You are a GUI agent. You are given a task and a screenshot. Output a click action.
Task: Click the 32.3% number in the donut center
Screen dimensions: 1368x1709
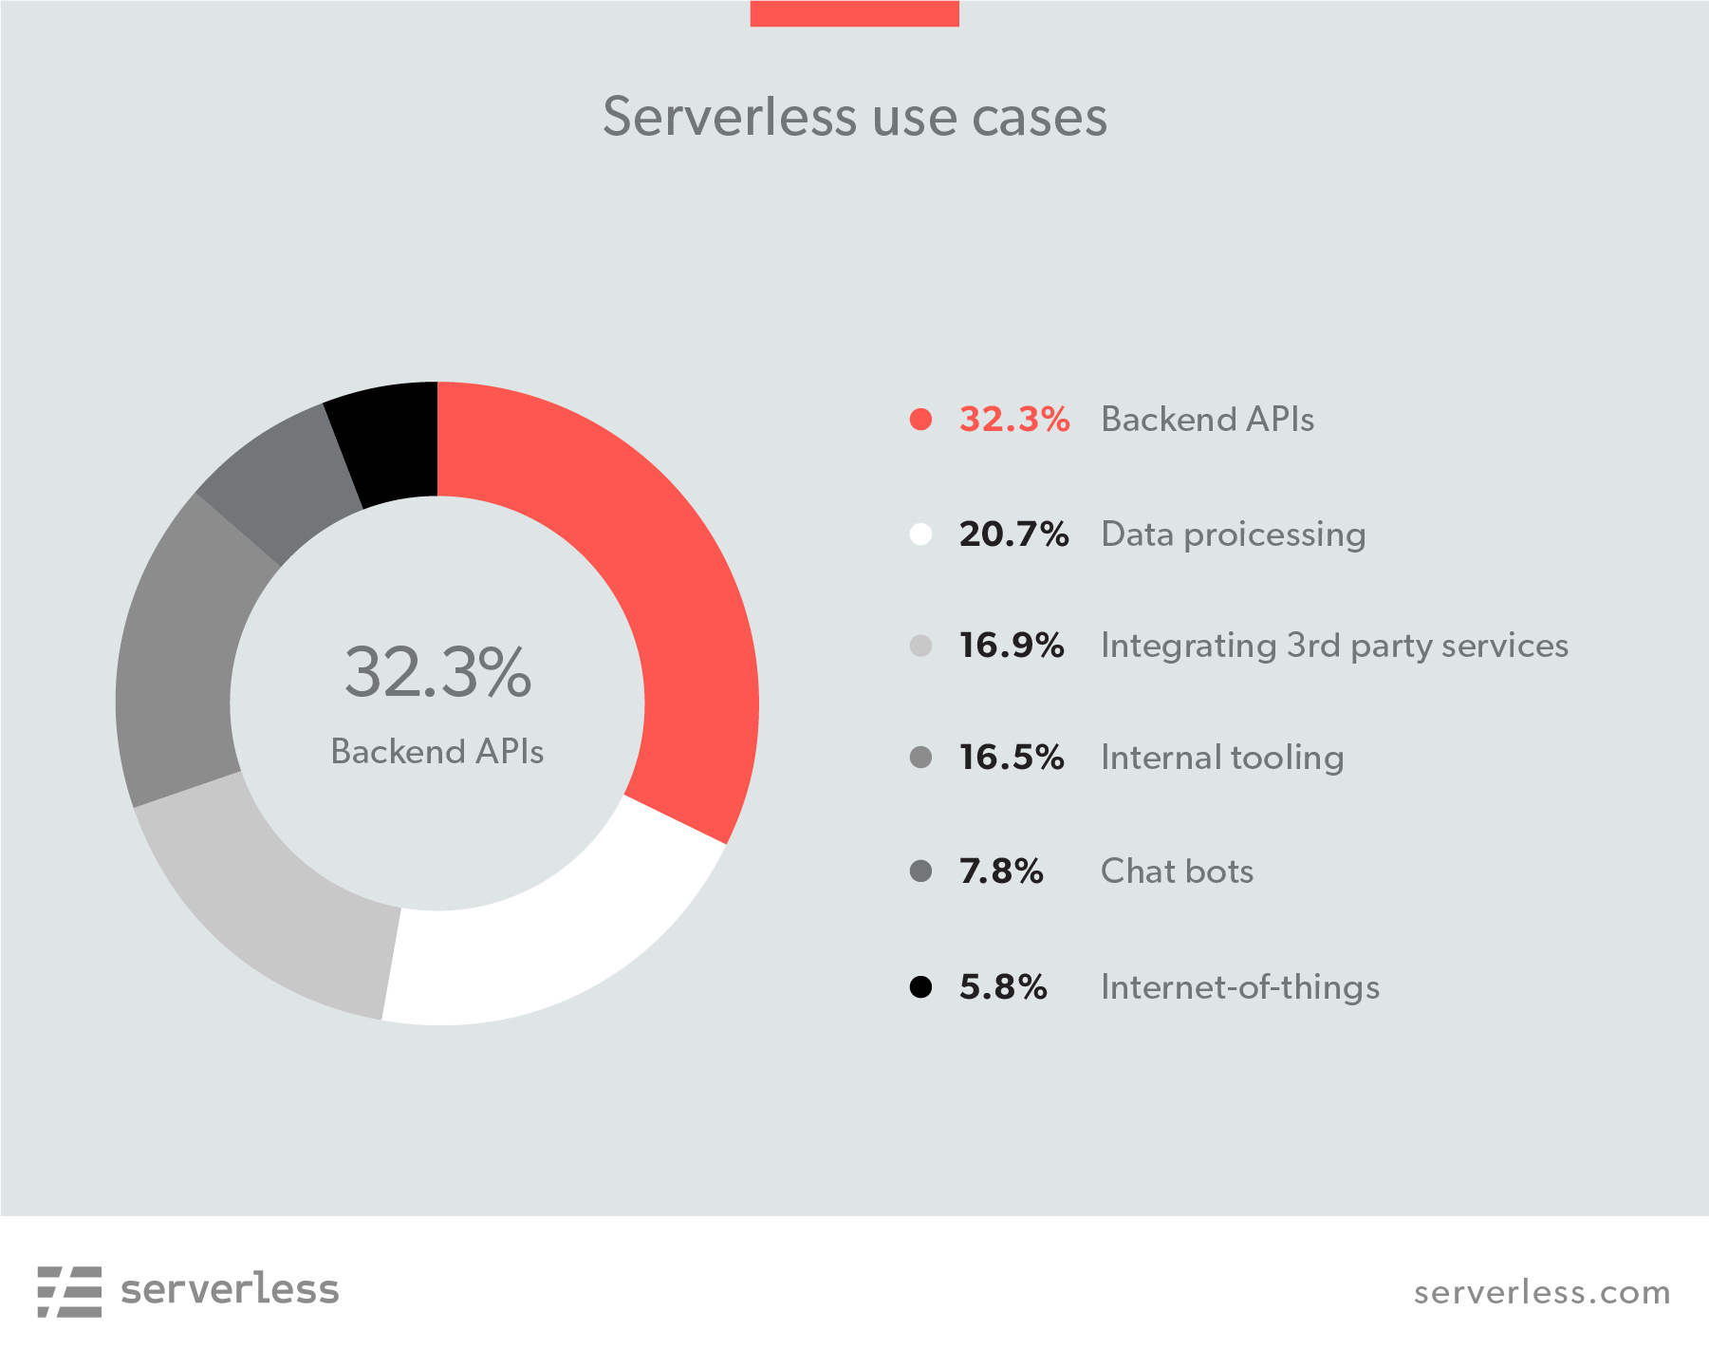[x=437, y=672]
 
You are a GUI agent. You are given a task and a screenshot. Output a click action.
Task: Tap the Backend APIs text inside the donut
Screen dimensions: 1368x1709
[x=437, y=752]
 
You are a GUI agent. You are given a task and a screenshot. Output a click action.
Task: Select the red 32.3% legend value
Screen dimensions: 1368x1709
[x=1013, y=420]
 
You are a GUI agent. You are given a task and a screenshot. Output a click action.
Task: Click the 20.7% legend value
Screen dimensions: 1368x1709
[x=1013, y=534]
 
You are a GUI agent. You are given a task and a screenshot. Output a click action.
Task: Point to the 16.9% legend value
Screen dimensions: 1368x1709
[x=1011, y=646]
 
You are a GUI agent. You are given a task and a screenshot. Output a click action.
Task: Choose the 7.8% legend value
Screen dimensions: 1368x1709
[x=1001, y=871]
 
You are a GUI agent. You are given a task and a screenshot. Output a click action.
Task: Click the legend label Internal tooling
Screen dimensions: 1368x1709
[x=1222, y=758]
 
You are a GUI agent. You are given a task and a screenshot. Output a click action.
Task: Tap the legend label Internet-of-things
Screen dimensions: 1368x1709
[x=1239, y=987]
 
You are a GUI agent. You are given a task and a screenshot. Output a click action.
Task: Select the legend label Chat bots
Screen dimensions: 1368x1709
[x=1177, y=871]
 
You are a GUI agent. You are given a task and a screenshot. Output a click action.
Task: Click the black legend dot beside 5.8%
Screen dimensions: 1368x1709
[x=920, y=987]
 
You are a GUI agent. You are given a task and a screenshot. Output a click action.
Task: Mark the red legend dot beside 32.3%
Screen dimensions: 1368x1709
[x=920, y=420]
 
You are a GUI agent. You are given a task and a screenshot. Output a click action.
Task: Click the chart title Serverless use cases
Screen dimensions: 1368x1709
[x=855, y=117]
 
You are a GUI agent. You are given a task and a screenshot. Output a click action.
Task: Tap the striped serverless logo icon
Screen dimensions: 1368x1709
[x=69, y=1291]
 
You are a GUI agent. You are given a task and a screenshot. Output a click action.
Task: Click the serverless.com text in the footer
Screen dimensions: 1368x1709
[x=1542, y=1292]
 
